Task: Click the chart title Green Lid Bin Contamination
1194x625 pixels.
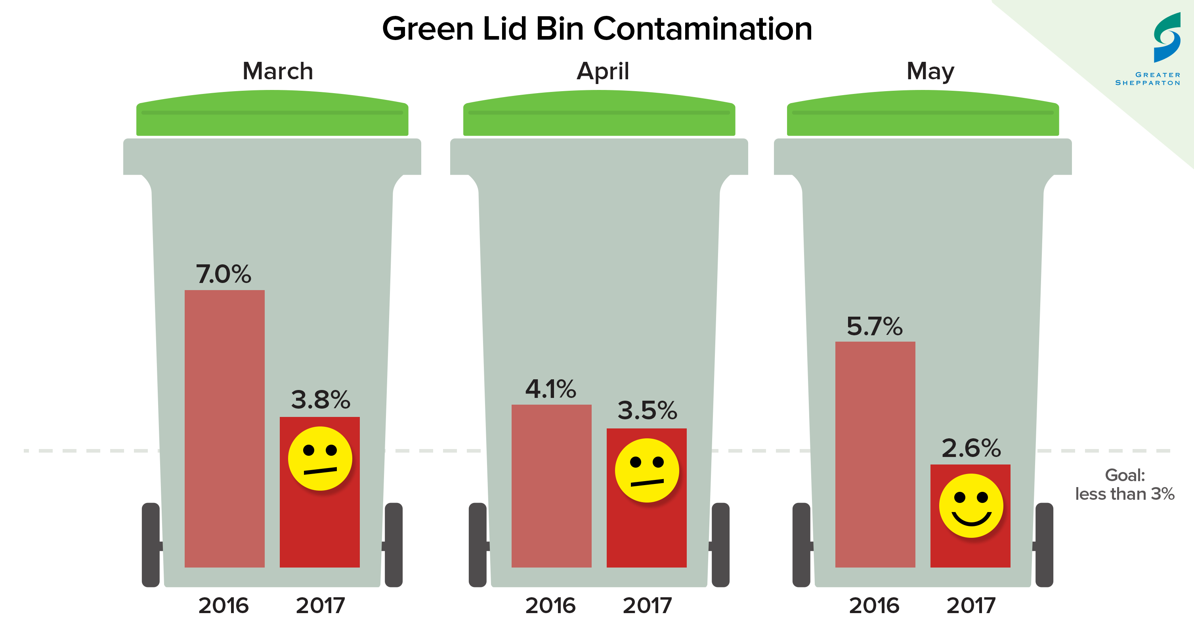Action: tap(596, 29)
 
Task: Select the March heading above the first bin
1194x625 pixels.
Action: tap(278, 71)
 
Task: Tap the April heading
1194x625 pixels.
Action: tap(603, 71)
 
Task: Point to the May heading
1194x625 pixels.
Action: tap(930, 71)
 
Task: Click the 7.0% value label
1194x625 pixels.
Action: tap(224, 274)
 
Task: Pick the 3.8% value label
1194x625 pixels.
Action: tap(320, 399)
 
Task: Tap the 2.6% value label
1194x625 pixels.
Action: tap(971, 448)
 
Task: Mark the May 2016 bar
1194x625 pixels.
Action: tap(875, 454)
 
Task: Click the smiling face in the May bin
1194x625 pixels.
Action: tap(971, 505)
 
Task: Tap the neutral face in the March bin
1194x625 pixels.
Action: tap(320, 458)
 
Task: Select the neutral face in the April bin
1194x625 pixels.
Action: tap(647, 470)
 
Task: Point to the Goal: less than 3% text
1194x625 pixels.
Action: tap(1125, 485)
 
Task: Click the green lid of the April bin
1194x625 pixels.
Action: tap(599, 114)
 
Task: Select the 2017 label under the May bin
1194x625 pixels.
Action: tap(971, 606)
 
